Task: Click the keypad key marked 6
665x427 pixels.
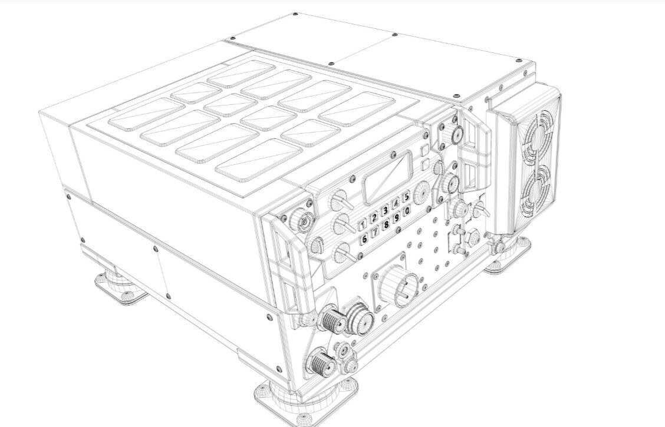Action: tap(364, 239)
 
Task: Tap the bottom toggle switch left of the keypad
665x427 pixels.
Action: tap(340, 254)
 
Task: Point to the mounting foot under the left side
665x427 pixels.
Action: tap(121, 287)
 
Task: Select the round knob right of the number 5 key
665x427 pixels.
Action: tap(422, 193)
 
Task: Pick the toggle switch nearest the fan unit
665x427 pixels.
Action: tap(480, 209)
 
